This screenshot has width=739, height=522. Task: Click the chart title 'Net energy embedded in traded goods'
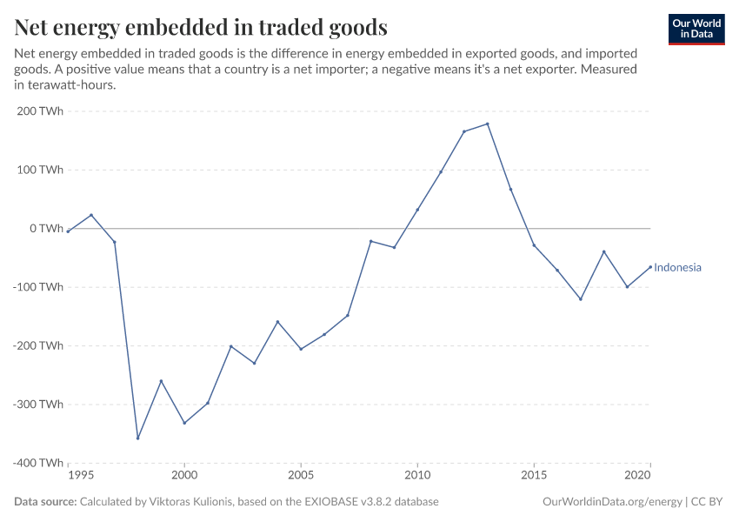201,28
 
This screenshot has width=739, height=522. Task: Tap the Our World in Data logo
696,29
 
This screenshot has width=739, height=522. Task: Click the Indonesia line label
677,268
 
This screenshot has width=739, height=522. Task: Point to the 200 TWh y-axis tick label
39,111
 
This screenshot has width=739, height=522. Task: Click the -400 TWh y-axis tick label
37,463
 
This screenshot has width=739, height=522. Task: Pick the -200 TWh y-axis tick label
37,345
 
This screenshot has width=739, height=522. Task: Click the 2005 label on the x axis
301,477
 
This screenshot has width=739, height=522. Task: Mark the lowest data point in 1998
137,438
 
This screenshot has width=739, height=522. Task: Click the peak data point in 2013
488,124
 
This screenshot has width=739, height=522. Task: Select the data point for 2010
417,210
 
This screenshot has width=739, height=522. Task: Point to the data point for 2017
581,299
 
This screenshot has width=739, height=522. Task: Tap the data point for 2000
184,423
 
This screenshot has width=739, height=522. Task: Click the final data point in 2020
650,267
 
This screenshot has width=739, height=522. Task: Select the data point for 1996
91,215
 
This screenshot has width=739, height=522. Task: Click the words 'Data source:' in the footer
45,502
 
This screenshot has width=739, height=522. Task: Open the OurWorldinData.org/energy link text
611,502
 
